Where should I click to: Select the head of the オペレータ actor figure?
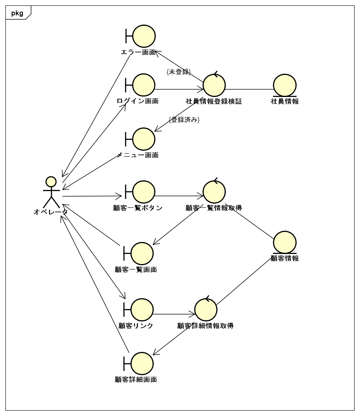tap(51, 182)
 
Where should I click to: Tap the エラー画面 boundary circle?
tap(144, 36)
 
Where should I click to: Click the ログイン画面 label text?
tap(137, 101)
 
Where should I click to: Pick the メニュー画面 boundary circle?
tap(143, 139)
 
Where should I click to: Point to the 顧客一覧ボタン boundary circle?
tap(143, 192)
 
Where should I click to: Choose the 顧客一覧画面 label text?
tap(136, 269)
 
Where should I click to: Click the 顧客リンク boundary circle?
tap(142, 310)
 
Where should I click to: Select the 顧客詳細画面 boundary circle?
tap(142, 364)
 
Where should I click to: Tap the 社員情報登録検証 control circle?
tap(214, 85)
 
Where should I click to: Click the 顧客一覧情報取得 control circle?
tap(214, 192)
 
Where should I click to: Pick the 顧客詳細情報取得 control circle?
tap(206, 310)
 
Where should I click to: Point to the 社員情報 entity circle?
tap(285, 85)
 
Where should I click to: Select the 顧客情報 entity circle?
tap(285, 242)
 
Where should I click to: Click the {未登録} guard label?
tap(178, 72)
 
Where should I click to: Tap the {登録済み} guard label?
tap(184, 120)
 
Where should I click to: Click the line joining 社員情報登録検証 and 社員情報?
tap(249, 90)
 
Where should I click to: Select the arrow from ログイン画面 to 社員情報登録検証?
tap(179, 90)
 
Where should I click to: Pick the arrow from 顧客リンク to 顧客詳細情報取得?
tap(174, 314)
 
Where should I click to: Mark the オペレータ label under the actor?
tap(51, 212)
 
